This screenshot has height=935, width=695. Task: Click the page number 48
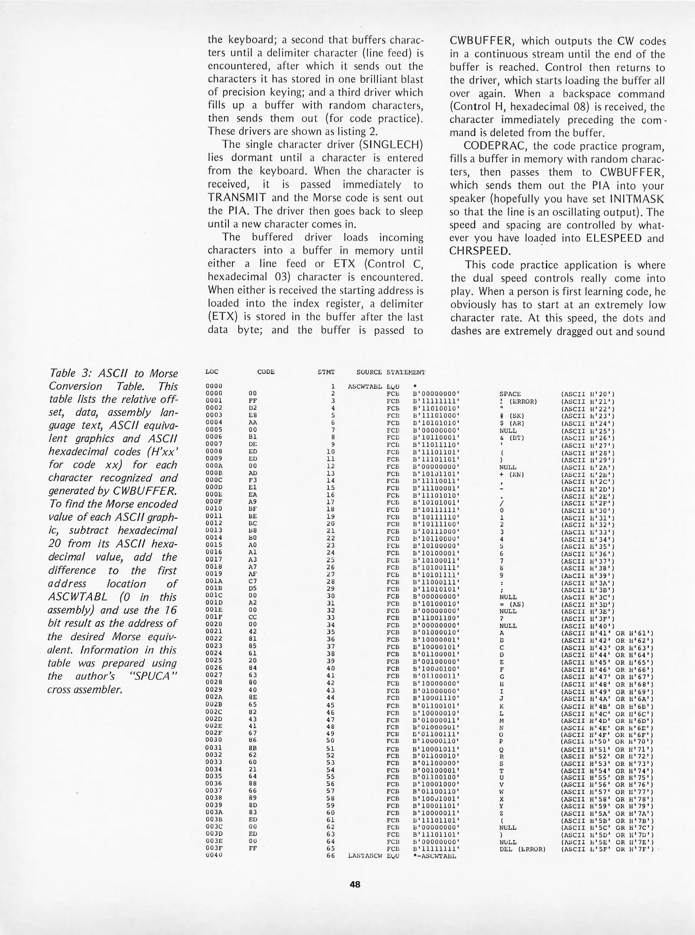tap(355, 884)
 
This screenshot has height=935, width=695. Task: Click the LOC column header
tap(212, 372)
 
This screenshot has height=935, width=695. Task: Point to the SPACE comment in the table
tap(510, 394)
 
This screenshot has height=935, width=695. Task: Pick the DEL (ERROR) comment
tap(522, 849)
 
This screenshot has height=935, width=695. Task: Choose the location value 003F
tap(214, 848)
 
